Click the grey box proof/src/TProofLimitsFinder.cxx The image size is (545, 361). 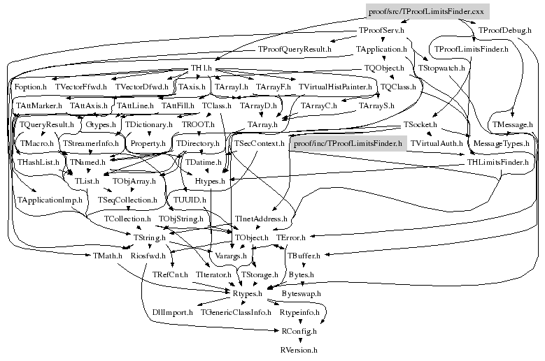tap(426, 11)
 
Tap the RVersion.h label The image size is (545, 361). tap(299, 348)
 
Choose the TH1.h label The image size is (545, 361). tap(204, 68)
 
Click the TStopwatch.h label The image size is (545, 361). tap(442, 68)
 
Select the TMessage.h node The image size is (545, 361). tap(513, 124)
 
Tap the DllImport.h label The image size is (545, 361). tap(172, 313)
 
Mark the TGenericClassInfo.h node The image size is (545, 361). tap(236, 313)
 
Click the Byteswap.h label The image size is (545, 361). tap(302, 295)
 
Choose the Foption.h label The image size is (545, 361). tap(30, 87)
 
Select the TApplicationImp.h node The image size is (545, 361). tap(50, 200)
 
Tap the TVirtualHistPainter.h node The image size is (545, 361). tap(335, 87)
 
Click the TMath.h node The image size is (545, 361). tap(108, 256)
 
